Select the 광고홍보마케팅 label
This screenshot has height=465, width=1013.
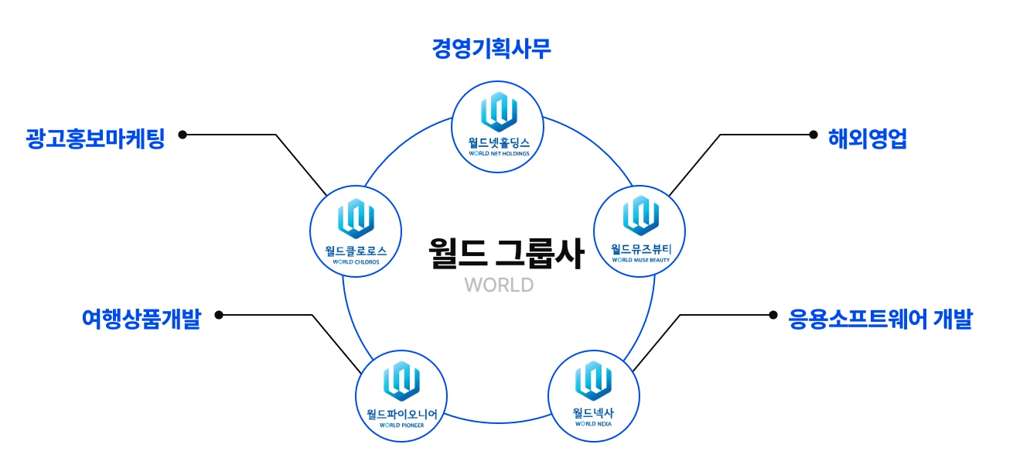[x=95, y=139]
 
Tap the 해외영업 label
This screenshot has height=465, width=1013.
[x=867, y=139]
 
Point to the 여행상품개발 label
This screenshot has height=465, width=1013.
[x=141, y=319]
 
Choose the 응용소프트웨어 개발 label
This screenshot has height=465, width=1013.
[x=880, y=319]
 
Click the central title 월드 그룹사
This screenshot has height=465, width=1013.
[x=506, y=253]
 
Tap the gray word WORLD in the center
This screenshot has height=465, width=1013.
[x=499, y=285]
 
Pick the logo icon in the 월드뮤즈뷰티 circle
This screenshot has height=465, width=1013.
[x=640, y=214]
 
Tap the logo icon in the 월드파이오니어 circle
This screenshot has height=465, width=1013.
[x=401, y=381]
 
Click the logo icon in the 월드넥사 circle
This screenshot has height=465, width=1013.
[x=593, y=379]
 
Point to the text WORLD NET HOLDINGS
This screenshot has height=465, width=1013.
[x=498, y=153]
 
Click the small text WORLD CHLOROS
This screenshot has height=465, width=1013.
[x=356, y=262]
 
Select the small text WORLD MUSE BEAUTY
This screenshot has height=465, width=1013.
[x=640, y=260]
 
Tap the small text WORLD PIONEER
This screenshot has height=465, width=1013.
[x=401, y=426]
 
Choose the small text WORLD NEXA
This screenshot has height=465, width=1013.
[x=593, y=424]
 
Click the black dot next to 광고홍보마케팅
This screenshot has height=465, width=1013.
[x=182, y=135]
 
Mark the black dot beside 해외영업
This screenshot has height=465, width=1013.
[x=813, y=135]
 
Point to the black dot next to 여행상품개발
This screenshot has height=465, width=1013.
[x=219, y=315]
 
